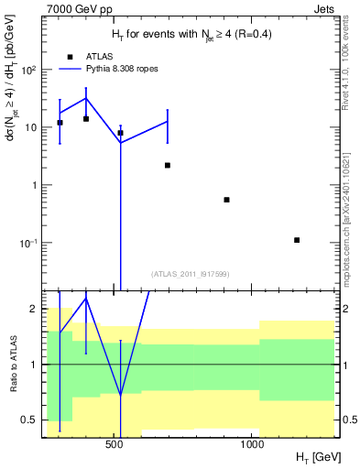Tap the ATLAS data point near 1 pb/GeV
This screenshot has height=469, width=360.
pos(226,200)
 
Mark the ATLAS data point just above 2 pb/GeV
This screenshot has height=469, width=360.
pos(168,165)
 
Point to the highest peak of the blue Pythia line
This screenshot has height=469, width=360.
pos(86,98)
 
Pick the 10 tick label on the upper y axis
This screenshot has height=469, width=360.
pos(29,127)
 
